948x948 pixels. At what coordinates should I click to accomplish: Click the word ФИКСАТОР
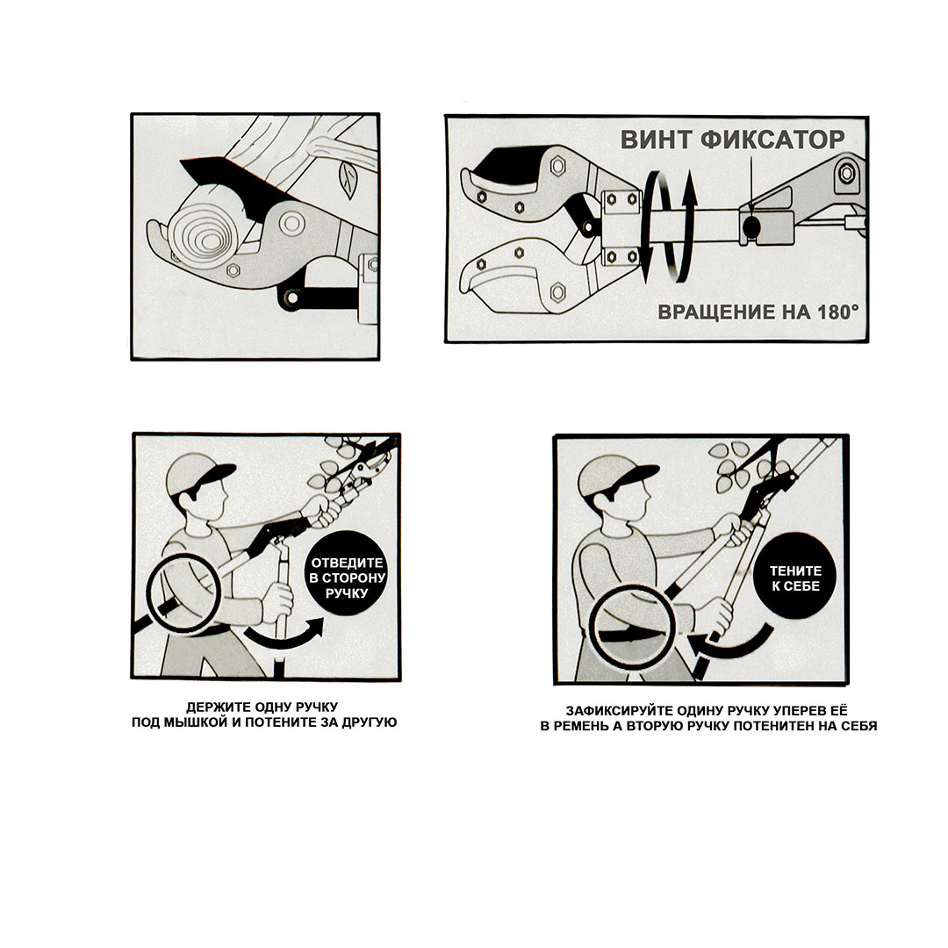coord(772,140)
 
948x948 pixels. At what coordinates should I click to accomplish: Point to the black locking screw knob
coord(751,227)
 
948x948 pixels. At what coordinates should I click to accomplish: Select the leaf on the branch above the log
coord(347,180)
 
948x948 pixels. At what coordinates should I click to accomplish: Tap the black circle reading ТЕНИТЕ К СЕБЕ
coord(795,576)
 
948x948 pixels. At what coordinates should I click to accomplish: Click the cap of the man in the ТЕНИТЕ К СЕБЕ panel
coord(614,475)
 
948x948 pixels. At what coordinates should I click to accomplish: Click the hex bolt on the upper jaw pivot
coord(557,165)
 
